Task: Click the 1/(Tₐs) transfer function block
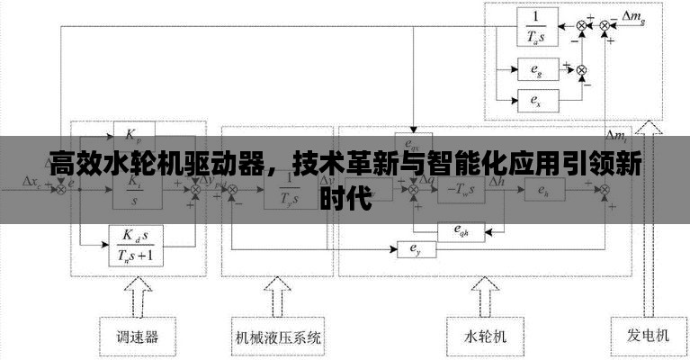(537, 26)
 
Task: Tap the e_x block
(537, 99)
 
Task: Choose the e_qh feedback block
(461, 230)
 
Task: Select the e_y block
(416, 247)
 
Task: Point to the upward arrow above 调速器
(139, 295)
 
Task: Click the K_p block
(133, 134)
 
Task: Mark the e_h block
(542, 190)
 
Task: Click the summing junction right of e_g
(580, 69)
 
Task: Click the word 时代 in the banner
(345, 199)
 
